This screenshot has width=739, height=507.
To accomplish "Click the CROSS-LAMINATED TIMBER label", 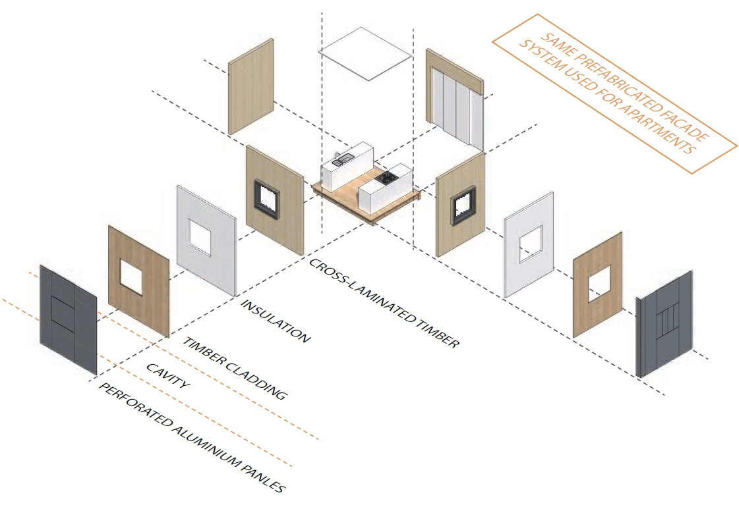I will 384,303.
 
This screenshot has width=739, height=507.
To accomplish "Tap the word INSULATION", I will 275,321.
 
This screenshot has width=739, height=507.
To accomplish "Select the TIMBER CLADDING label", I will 235,369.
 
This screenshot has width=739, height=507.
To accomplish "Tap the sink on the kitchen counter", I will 342,159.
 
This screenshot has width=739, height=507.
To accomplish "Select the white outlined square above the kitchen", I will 365,53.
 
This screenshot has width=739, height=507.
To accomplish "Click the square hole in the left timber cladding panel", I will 134,276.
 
